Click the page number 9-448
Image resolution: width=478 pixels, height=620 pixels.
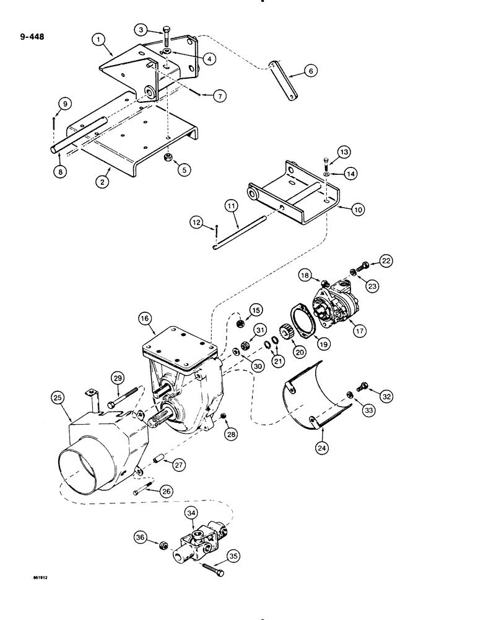[30, 44]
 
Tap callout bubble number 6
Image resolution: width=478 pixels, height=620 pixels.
[311, 71]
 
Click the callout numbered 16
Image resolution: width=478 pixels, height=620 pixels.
[145, 319]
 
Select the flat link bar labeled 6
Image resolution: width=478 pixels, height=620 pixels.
[282, 80]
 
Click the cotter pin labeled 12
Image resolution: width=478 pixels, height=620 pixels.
[215, 232]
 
